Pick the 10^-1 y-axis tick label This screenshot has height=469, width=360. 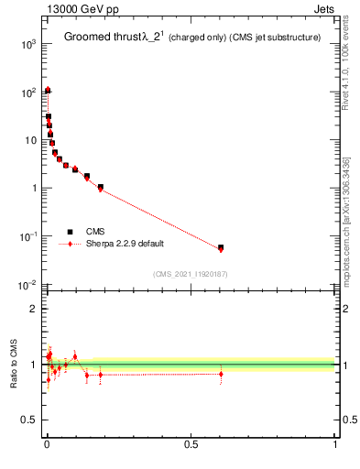click(27, 236)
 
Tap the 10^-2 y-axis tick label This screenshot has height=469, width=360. click(27, 285)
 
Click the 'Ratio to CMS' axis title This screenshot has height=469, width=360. click(14, 365)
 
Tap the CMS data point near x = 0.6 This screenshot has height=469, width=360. click(221, 247)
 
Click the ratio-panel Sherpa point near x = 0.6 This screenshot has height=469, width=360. click(221, 374)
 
